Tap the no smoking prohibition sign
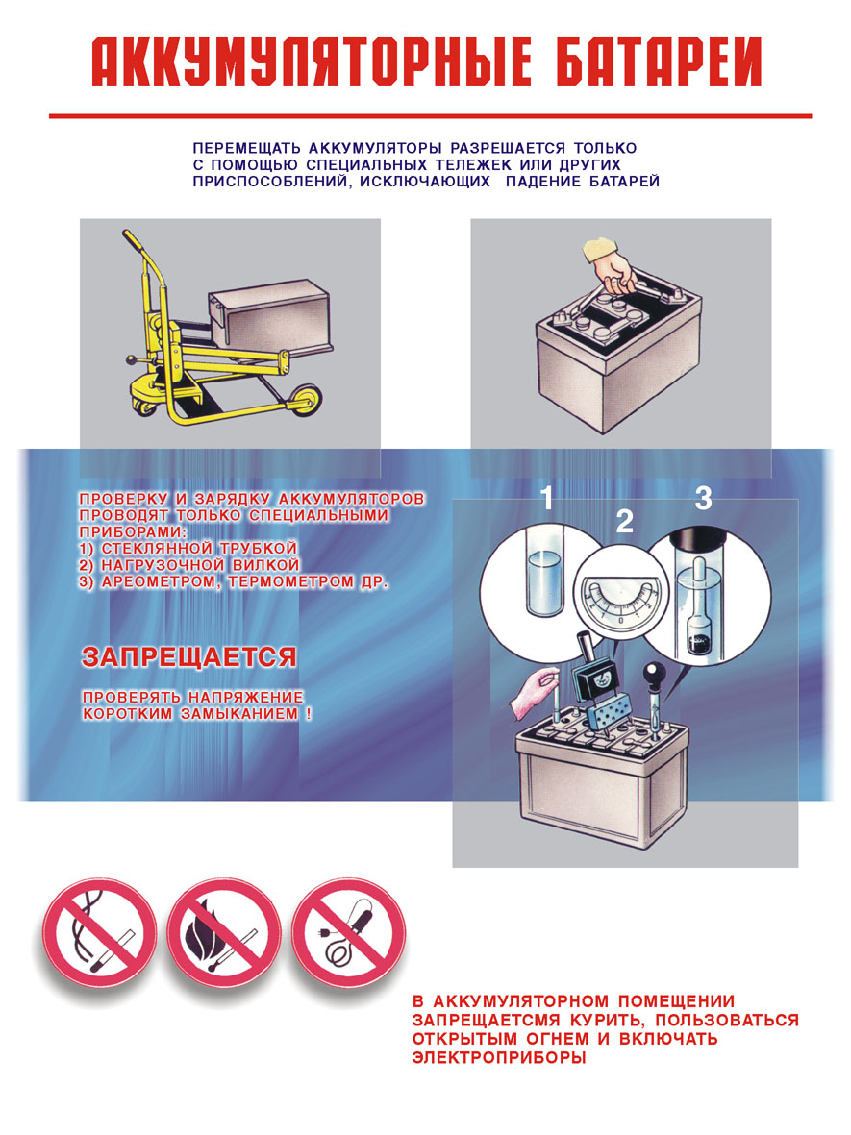click(99, 933)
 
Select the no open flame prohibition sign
click(224, 933)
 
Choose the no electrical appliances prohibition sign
click(348, 933)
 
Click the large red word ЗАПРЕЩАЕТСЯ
click(189, 657)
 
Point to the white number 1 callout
click(547, 498)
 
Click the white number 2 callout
click(623, 521)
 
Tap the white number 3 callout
click(703, 498)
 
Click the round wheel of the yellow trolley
click(306, 400)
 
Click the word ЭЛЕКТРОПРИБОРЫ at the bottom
click(498, 1058)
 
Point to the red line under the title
click(430, 116)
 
